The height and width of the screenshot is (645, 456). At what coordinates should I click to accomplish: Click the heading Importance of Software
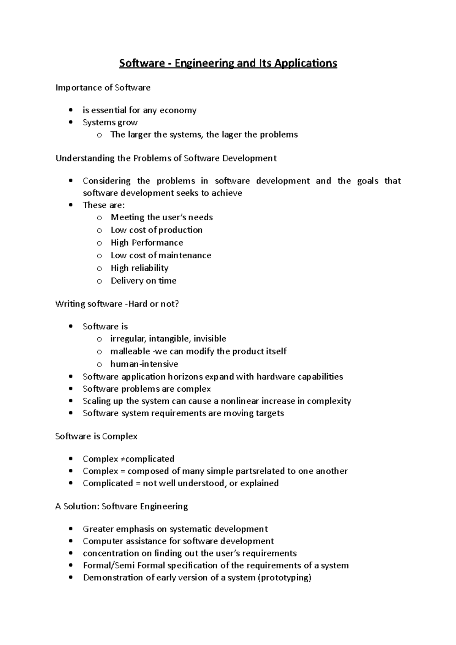[x=103, y=88]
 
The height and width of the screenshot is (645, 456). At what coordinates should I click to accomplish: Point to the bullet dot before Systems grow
[x=71, y=123]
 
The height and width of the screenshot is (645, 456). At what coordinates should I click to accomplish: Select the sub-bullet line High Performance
[x=147, y=243]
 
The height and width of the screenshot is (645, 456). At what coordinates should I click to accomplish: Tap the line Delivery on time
[x=144, y=281]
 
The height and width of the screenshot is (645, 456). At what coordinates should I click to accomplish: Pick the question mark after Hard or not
[x=176, y=304]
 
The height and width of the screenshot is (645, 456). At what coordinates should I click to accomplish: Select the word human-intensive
[x=144, y=364]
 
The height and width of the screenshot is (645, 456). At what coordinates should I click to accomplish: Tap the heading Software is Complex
[x=96, y=436]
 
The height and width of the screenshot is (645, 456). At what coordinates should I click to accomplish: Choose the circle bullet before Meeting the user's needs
[x=99, y=218]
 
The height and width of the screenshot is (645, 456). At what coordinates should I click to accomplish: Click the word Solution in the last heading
[x=80, y=506]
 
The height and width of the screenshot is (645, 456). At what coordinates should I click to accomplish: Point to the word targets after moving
[x=269, y=413]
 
